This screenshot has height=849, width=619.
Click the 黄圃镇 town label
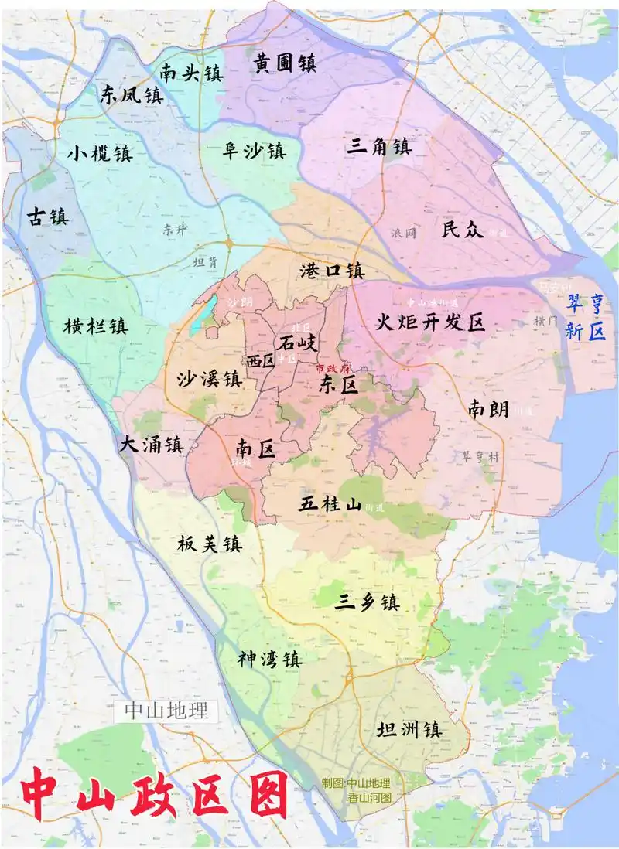point(286,63)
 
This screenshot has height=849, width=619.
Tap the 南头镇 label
point(191,73)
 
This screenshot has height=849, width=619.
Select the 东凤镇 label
point(132,95)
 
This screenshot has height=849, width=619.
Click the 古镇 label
point(48,216)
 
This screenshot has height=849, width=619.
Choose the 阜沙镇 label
point(255,151)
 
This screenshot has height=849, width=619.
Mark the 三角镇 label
point(378,146)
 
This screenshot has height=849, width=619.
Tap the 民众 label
point(463,229)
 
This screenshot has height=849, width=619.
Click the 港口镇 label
point(332,271)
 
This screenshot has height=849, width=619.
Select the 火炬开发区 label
point(430,322)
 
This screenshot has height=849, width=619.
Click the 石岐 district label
point(297,341)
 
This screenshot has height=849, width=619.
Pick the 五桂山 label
point(330,505)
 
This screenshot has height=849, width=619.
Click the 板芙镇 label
point(207,544)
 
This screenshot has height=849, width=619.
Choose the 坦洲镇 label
point(409,729)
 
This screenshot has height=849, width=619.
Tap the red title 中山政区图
point(155,795)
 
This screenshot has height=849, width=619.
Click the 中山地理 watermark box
point(166,711)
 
